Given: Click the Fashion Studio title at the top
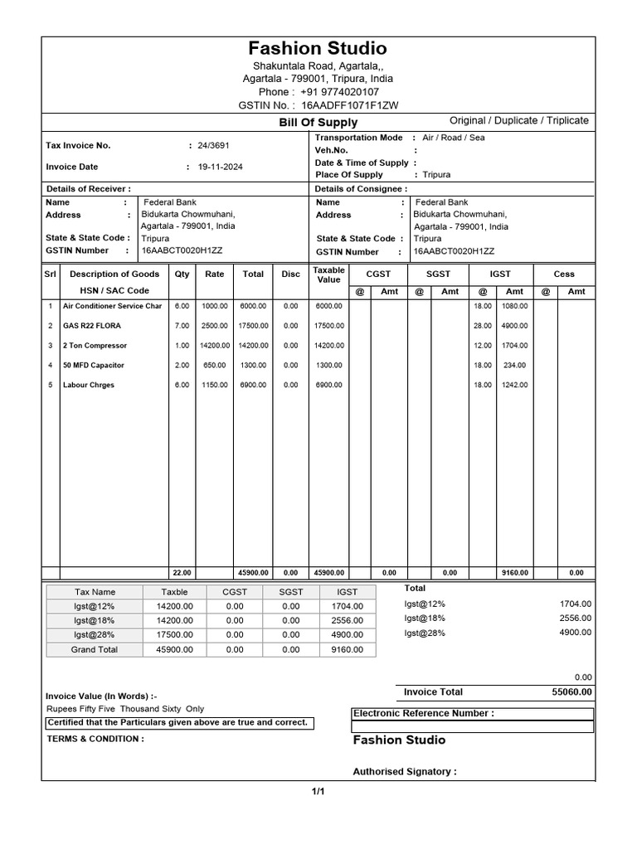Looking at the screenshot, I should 318,48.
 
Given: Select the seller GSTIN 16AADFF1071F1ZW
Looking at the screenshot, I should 349,106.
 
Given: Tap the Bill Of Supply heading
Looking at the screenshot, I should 318,123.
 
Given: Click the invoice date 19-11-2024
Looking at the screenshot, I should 220,167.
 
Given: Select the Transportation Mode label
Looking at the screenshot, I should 358,138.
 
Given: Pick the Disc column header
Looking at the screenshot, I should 290,274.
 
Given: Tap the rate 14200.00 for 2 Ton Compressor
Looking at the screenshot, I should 215,346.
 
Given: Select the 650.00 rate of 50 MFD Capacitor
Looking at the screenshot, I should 215,366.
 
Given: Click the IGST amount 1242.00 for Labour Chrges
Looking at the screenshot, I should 515,386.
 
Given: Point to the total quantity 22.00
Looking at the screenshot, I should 181,573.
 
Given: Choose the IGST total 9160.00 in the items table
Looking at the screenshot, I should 515,573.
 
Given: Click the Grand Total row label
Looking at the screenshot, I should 95,650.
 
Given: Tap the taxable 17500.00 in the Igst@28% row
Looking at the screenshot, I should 174,635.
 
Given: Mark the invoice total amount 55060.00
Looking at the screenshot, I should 571,692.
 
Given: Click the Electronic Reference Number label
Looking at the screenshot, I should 423,713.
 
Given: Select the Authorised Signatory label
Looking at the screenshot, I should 405,772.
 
